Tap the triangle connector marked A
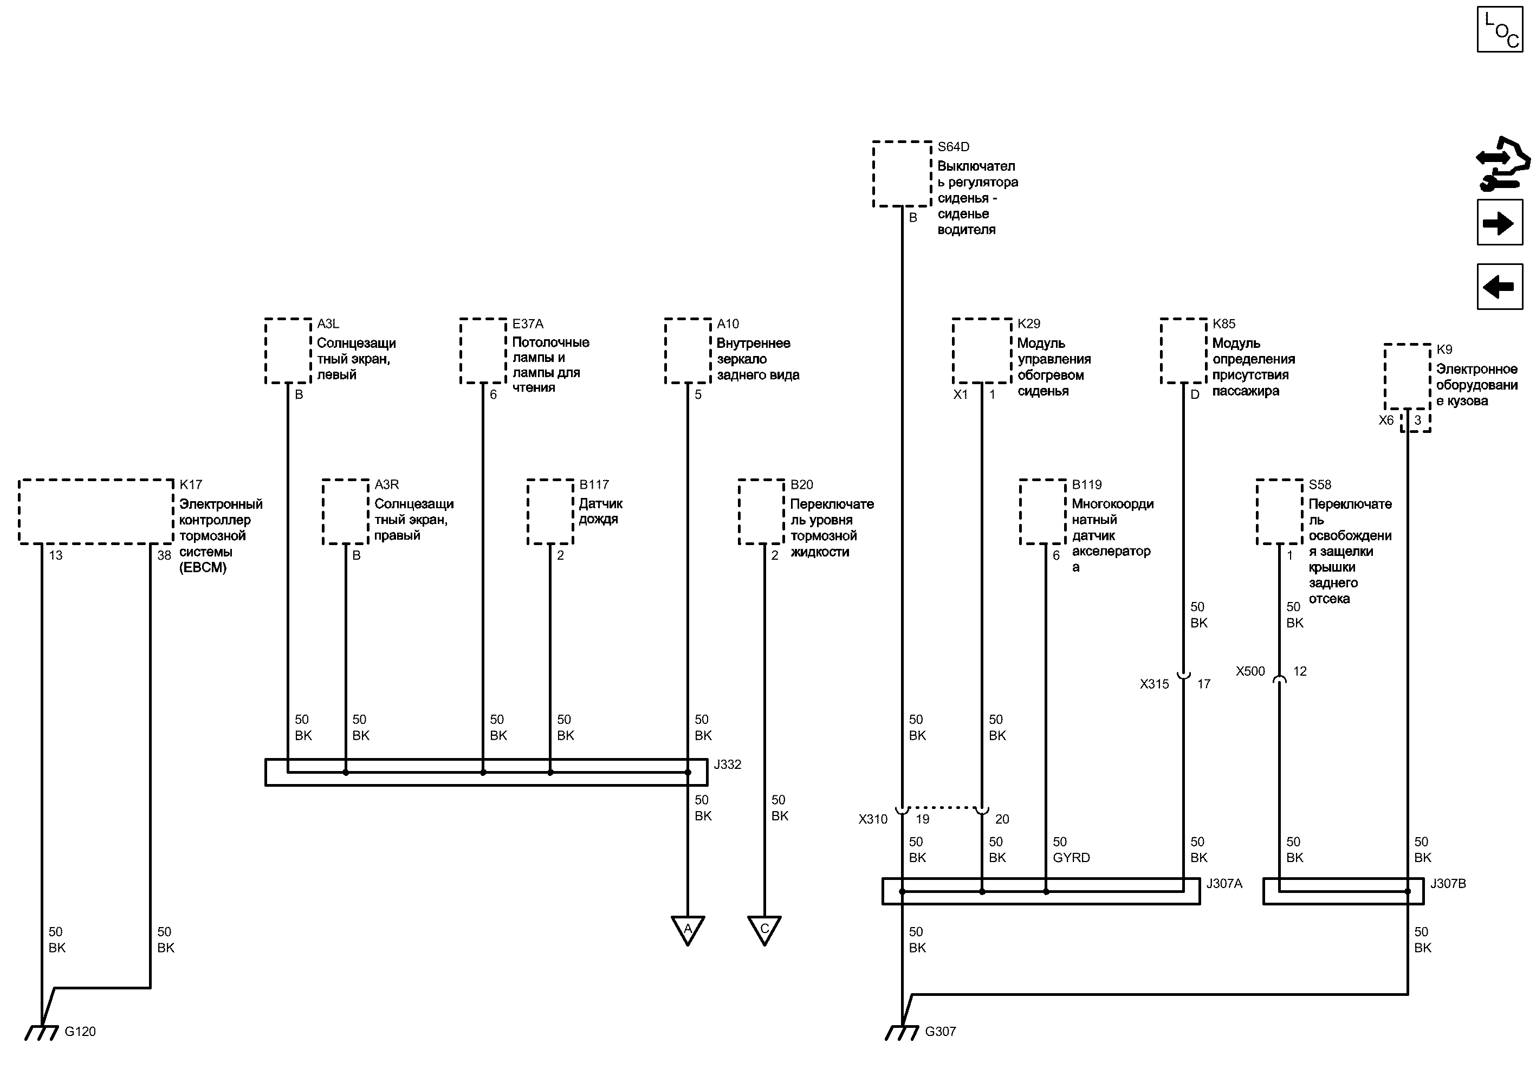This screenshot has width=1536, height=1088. pyautogui.click(x=688, y=930)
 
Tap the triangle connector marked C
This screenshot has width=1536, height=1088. pyautogui.click(x=764, y=930)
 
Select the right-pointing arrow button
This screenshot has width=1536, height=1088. pyautogui.click(x=1499, y=223)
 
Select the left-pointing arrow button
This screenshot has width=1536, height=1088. pyautogui.click(x=1499, y=287)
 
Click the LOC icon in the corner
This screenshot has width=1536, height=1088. pyautogui.click(x=1499, y=29)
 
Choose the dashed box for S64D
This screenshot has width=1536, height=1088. pyautogui.click(x=902, y=173)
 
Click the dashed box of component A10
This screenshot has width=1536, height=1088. pyautogui.click(x=688, y=351)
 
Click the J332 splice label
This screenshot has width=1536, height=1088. pyautogui.click(x=728, y=765)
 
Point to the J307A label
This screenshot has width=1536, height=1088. pyautogui.click(x=1224, y=884)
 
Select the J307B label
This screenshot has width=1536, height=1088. pyautogui.click(x=1448, y=884)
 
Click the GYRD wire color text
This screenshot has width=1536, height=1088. pyautogui.click(x=1071, y=858)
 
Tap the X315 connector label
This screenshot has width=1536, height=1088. pyautogui.click(x=1154, y=684)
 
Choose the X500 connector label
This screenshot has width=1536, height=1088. pyautogui.click(x=1250, y=671)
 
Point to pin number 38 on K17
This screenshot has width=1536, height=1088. pyautogui.click(x=164, y=555)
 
